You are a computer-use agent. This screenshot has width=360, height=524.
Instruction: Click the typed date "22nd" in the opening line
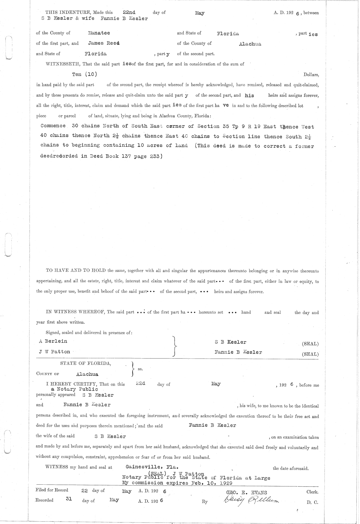[x=129, y=13]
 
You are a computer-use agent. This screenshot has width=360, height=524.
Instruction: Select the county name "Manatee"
[x=99, y=33]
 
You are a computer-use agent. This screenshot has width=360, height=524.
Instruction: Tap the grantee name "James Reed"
[x=104, y=43]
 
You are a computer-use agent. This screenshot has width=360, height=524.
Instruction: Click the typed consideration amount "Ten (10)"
[x=85, y=74]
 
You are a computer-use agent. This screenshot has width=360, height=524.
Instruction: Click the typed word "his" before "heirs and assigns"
[x=249, y=95]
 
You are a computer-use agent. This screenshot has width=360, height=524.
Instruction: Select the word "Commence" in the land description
[x=53, y=126]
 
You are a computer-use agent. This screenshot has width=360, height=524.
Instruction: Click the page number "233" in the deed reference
[x=155, y=156]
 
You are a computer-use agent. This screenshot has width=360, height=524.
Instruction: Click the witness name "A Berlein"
[x=53, y=341]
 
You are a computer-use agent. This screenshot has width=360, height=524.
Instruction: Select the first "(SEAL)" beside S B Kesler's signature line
[x=310, y=344]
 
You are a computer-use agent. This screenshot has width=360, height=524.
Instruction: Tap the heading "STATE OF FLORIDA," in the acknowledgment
[x=85, y=363]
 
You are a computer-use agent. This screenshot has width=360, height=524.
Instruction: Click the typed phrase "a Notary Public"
[x=74, y=389]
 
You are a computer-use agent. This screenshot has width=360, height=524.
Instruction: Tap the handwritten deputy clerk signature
[x=251, y=501]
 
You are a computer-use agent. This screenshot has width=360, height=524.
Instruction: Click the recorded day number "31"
[x=69, y=499]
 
